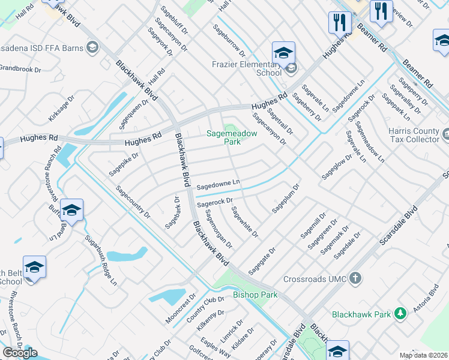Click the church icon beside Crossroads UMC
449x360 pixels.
tap(355, 278)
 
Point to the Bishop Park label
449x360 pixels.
tap(255, 295)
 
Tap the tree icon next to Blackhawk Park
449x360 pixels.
tap(400, 314)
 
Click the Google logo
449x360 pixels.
tap(20, 353)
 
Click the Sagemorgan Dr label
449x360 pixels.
tap(218, 229)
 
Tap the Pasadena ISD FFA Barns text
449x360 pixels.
tap(42, 47)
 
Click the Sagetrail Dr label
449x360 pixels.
tap(280, 118)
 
